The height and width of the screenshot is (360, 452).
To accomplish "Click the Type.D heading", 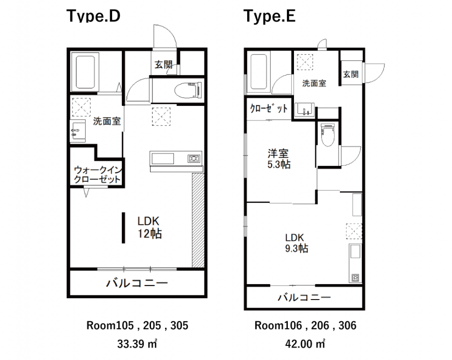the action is [x=93, y=16].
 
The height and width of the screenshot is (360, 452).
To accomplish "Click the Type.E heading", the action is [x=270, y=16].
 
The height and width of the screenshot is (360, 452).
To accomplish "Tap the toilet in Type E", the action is [x=327, y=135].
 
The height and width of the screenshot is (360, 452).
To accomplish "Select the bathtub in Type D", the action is [x=85, y=72].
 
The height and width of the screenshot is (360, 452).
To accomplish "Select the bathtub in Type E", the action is [x=258, y=72].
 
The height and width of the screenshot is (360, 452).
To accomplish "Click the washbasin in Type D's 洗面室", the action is [x=78, y=131].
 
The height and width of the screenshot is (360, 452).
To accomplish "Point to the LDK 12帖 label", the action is [x=150, y=227].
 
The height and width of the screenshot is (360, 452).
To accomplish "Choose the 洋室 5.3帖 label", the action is [x=279, y=158].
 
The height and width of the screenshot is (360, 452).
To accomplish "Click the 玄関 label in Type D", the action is [x=164, y=64].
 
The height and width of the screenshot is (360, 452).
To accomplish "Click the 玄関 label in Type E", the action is [x=351, y=75].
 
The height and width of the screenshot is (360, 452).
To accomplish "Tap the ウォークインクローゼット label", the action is [x=98, y=175].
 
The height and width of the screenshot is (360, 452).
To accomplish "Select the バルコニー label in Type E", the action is [x=304, y=297].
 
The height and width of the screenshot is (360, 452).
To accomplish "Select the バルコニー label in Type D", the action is [x=137, y=283].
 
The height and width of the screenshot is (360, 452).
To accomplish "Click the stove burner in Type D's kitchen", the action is [x=194, y=158].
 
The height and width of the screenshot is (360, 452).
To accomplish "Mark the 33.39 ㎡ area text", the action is [x=137, y=344].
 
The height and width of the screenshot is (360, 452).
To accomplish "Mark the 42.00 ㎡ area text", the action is [x=305, y=344].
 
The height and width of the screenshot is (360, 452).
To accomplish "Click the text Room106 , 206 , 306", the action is [x=306, y=325].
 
